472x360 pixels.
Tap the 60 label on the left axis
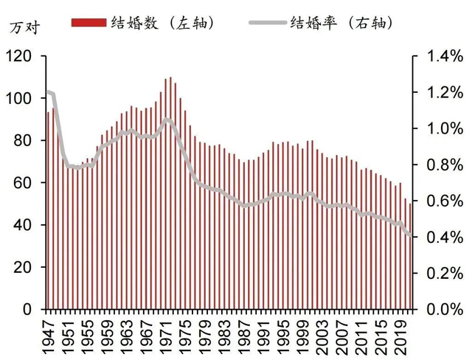click(x=24, y=182)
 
